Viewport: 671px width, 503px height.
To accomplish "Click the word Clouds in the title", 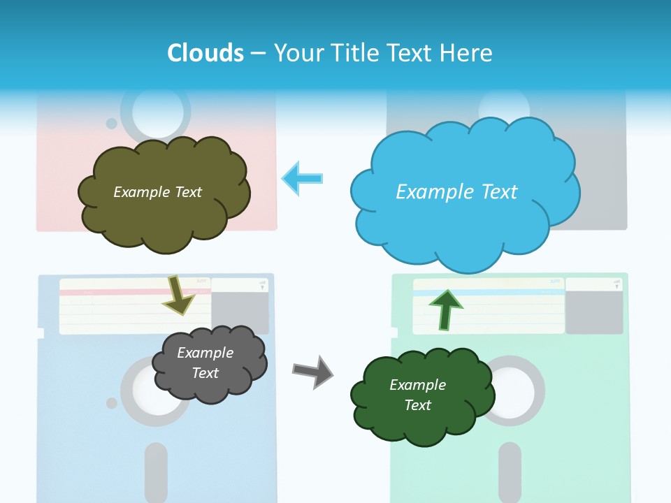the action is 205,53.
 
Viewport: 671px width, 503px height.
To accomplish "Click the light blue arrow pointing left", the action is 302,179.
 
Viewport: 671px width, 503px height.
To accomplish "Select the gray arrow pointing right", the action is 313,371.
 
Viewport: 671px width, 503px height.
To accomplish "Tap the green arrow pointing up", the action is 445,308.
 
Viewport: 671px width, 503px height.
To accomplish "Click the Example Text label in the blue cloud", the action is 456,192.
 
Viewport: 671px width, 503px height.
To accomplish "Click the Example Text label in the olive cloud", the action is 157,192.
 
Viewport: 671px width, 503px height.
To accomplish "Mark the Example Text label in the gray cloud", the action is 205,363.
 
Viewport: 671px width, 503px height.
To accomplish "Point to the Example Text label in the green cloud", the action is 417,395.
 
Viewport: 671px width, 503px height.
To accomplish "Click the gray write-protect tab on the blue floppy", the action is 240,312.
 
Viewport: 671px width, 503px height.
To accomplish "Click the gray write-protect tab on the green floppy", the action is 593,312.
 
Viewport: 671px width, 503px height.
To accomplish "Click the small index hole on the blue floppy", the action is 112,403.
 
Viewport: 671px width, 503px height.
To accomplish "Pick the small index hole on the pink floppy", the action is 112,124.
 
